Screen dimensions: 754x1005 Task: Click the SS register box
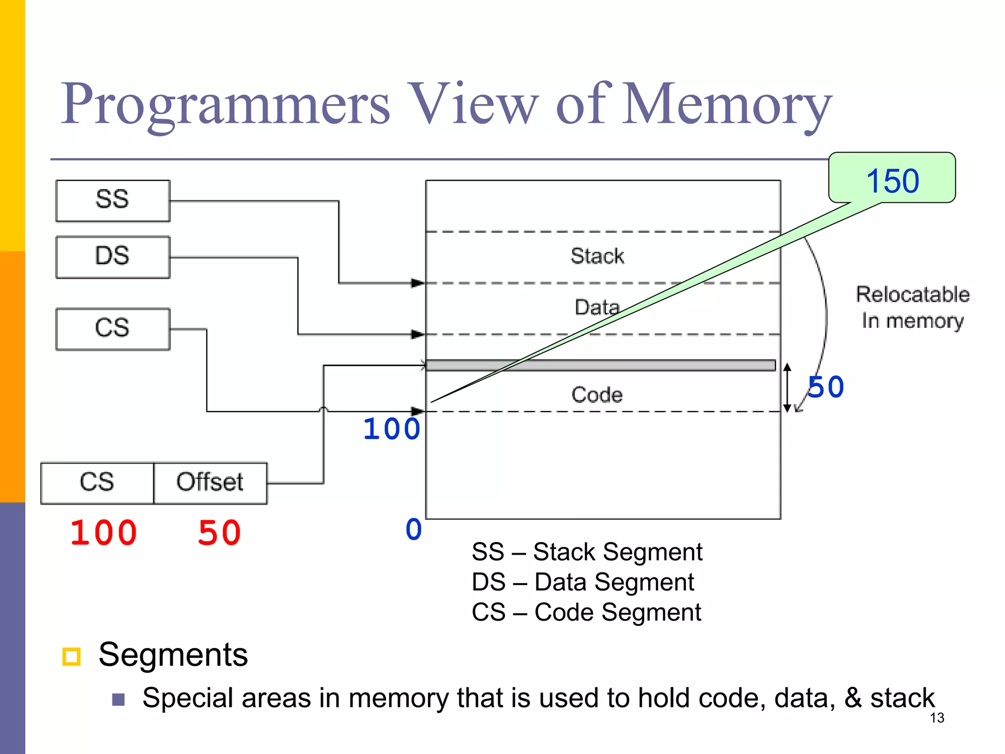click(x=113, y=201)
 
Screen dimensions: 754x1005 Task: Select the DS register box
click(x=113, y=257)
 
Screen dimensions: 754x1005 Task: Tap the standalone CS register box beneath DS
click(x=113, y=329)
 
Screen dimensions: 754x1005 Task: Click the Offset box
click(x=210, y=483)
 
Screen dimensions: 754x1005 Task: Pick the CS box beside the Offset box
click(x=97, y=483)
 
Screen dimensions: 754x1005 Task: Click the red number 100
click(x=104, y=533)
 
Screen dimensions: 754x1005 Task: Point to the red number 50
click(x=219, y=533)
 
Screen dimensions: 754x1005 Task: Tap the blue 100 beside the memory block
click(x=391, y=429)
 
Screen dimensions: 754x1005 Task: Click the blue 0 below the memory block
click(x=414, y=530)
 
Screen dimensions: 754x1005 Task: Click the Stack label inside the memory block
click(x=597, y=256)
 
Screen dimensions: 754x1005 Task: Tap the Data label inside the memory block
click(x=597, y=308)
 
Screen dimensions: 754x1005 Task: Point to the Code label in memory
click(x=597, y=395)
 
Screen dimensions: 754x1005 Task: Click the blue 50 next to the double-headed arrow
click(x=826, y=387)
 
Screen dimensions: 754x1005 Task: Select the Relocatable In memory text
click(x=913, y=308)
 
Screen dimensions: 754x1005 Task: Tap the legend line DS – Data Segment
click(x=582, y=583)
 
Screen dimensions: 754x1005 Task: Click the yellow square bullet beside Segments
click(x=72, y=656)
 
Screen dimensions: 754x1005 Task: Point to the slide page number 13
click(x=937, y=718)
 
